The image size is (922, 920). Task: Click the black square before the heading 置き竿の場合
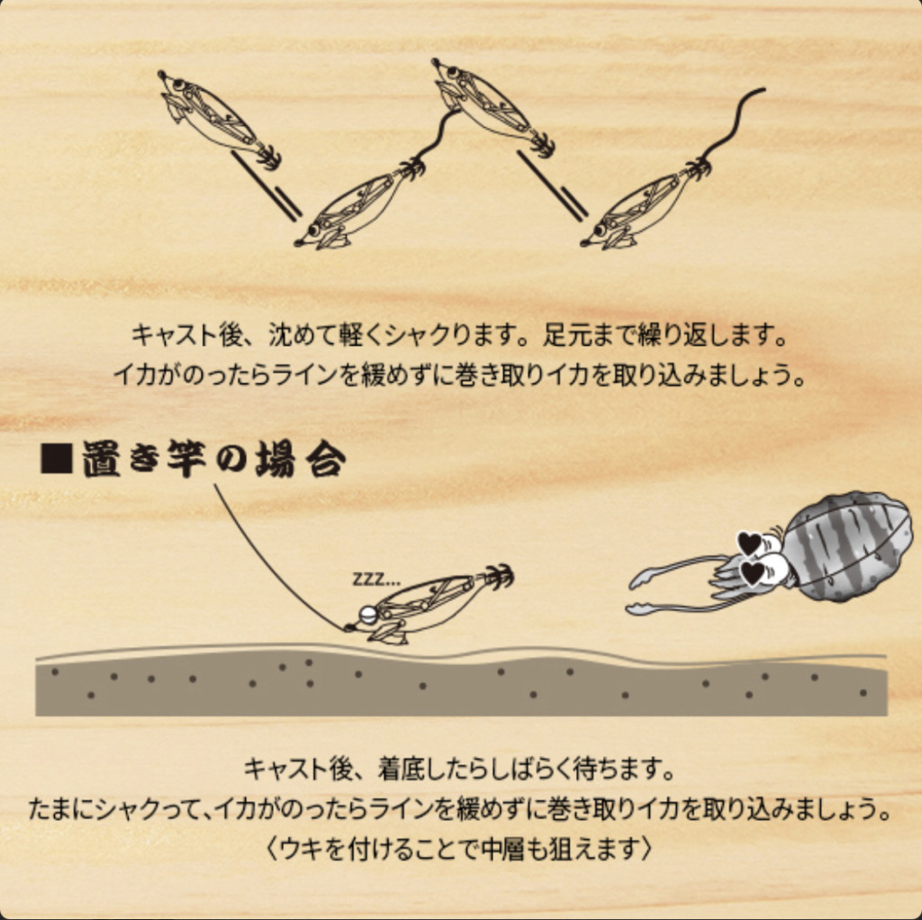click(x=57, y=458)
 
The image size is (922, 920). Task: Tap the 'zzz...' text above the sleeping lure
click(x=376, y=580)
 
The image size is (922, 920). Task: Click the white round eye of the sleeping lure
click(x=368, y=615)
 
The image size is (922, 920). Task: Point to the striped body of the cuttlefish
click(x=845, y=546)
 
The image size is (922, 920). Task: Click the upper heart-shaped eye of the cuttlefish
click(x=750, y=543)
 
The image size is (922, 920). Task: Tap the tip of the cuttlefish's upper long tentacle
click(x=633, y=585)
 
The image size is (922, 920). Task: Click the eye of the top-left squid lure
click(x=176, y=85)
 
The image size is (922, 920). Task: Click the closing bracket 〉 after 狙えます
click(x=646, y=850)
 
